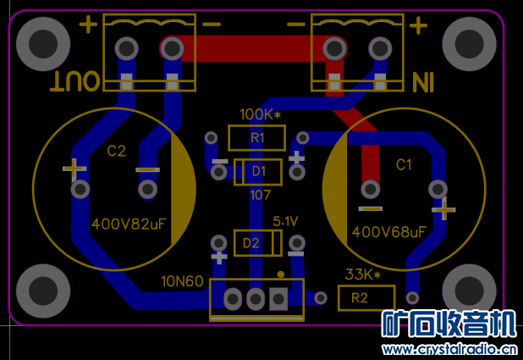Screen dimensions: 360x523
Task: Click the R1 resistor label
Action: [256, 137]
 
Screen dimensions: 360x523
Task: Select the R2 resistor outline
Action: [366, 298]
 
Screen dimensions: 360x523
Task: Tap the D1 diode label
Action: [258, 172]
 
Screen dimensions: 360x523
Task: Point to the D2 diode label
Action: [251, 244]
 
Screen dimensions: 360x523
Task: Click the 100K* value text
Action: [260, 114]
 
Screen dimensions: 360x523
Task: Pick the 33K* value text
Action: [362, 274]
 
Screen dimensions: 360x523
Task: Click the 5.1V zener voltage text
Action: [285, 221]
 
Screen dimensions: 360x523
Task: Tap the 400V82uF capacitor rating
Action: [129, 224]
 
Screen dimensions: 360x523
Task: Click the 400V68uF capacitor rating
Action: [389, 231]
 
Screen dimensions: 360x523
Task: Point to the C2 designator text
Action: [116, 152]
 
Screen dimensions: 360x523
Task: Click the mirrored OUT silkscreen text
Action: [77, 81]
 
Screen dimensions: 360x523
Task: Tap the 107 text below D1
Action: [260, 195]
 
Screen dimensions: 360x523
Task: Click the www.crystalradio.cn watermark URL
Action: [449, 349]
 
